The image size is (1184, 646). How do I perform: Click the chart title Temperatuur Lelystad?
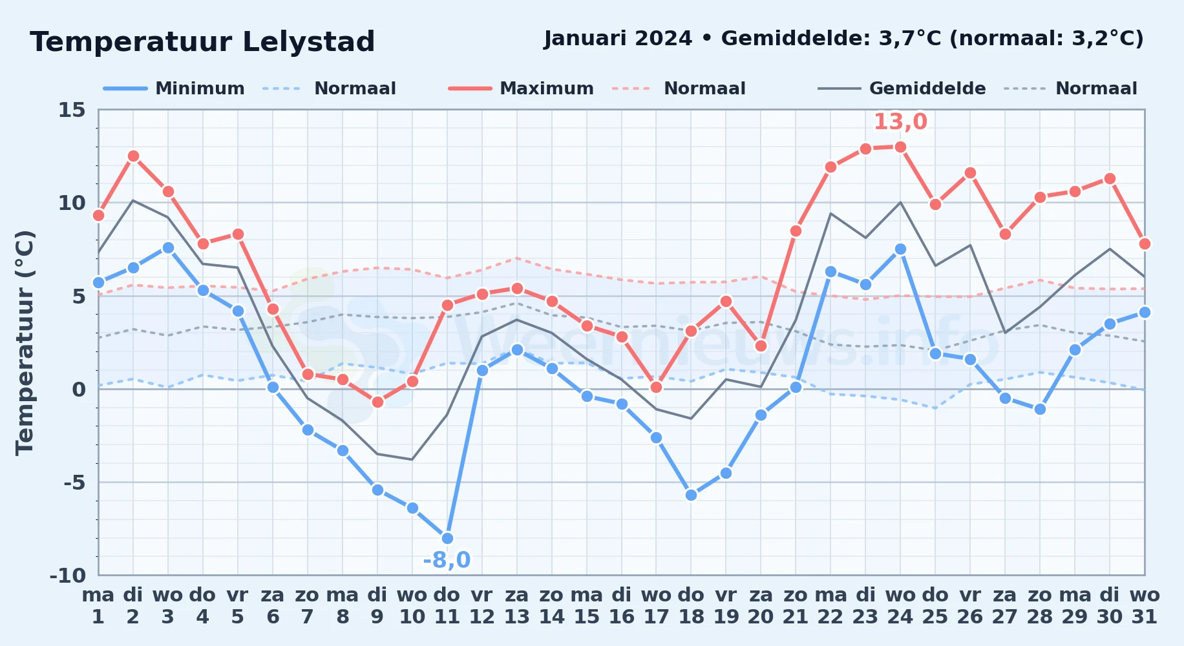coord(202,42)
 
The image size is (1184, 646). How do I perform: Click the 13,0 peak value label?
coord(900,121)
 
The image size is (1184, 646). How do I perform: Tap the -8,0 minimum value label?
coord(447,559)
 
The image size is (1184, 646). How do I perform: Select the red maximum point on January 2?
coord(133,156)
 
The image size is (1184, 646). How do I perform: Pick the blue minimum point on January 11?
coord(447,538)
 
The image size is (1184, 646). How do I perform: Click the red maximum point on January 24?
coord(900,147)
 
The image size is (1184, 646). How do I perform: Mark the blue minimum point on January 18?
coord(691,495)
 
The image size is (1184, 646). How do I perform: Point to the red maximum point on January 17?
coord(656,387)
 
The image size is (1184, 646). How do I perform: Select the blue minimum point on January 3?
coord(168,247)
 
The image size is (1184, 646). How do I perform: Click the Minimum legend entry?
coord(174,89)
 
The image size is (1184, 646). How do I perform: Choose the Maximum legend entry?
coord(521,89)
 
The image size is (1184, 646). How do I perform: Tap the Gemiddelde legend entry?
coord(902,89)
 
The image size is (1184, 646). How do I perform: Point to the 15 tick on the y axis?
coord(72,110)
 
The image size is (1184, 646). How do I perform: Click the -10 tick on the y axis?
coord(68,575)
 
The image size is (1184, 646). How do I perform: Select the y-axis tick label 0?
coord(79,389)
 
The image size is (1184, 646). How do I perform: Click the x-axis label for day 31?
coord(1145,605)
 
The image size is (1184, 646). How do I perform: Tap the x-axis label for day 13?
coord(516,605)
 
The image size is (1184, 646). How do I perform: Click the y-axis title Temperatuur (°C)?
coord(25,342)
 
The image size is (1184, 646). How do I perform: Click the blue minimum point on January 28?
coord(1040,409)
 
